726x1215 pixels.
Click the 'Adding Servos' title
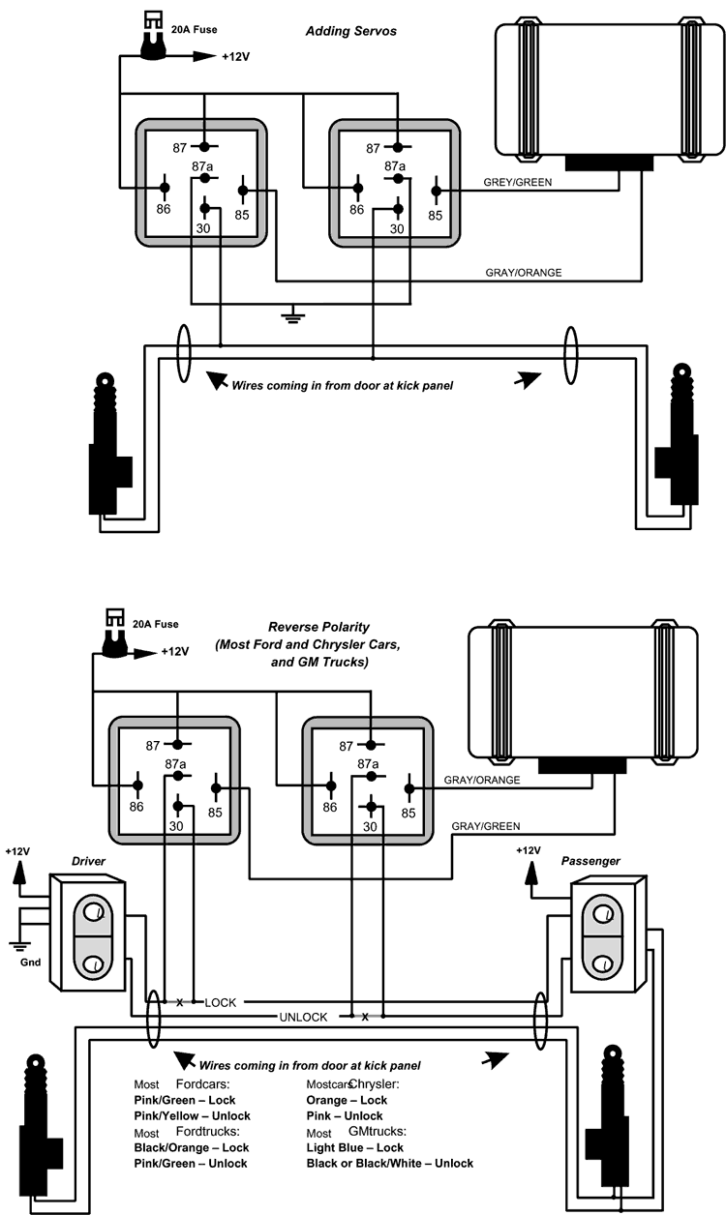(x=351, y=31)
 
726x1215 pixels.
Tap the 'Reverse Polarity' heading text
(x=318, y=627)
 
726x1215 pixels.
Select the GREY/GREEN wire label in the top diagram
(x=518, y=182)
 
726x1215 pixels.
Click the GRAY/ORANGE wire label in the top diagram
(x=524, y=272)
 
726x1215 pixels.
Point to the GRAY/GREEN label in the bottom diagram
(x=486, y=826)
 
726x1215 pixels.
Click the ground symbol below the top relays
(x=293, y=314)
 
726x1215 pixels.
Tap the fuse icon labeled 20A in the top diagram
(x=153, y=37)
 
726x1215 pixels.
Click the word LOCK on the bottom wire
(x=221, y=1003)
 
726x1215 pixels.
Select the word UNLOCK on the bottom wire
(x=303, y=1017)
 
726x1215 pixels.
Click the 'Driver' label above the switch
(x=88, y=861)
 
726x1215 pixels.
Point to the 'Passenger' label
(x=590, y=861)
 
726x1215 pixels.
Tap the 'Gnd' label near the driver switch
(x=30, y=963)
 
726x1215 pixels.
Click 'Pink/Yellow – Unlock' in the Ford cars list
(x=192, y=1115)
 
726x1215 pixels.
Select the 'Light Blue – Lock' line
(x=355, y=1147)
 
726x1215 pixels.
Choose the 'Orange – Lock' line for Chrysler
(x=347, y=1100)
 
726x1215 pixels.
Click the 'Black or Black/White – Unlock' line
(x=389, y=1163)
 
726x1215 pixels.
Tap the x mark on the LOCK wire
(x=180, y=1003)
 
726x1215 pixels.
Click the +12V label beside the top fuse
(x=235, y=57)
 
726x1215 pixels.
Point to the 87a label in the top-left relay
(x=202, y=166)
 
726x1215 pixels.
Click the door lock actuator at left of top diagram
(x=109, y=443)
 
